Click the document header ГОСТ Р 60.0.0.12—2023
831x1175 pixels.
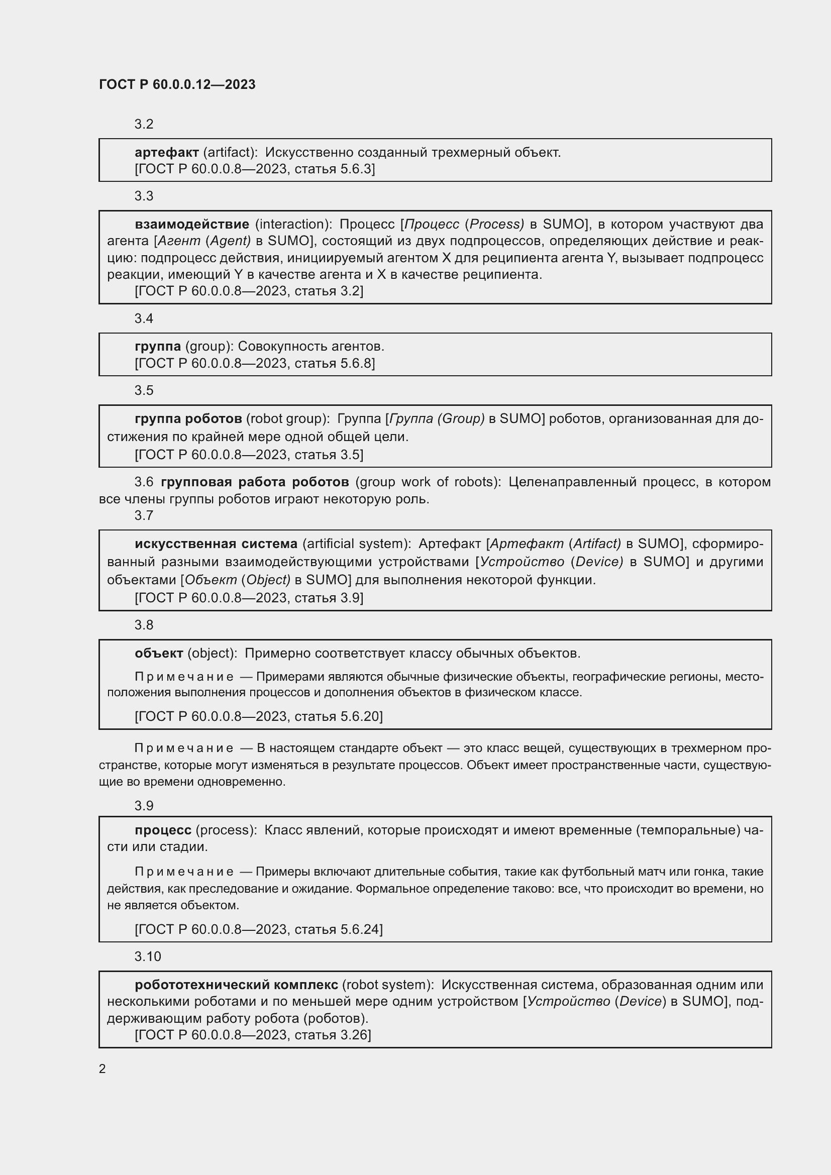pyautogui.click(x=177, y=84)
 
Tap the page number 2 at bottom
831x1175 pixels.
pyautogui.click(x=102, y=1069)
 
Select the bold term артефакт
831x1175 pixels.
pyautogui.click(x=166, y=153)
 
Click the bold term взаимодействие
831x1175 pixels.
pyautogui.click(x=192, y=224)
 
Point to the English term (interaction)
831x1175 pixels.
pyautogui.click(x=293, y=224)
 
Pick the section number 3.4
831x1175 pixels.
pyautogui.click(x=144, y=318)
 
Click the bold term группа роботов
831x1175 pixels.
pyautogui.click(x=188, y=418)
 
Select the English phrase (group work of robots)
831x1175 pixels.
pyautogui.click(x=428, y=482)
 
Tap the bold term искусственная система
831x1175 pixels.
pyautogui.click(x=216, y=544)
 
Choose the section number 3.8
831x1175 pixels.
pyautogui.click(x=144, y=625)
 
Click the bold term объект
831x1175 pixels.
pyautogui.click(x=159, y=654)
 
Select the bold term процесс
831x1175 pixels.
pyautogui.click(x=163, y=830)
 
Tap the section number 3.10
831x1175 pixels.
pyautogui.click(x=147, y=956)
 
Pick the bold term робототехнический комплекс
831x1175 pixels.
pyautogui.click(x=236, y=985)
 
